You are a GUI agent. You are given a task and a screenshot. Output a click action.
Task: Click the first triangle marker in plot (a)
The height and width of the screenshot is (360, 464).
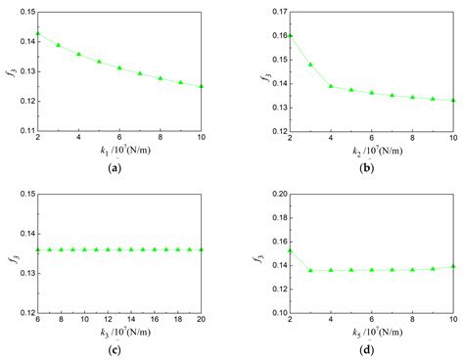click(38, 34)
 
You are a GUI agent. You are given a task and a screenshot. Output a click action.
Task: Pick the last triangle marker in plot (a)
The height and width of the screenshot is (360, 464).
click(202, 86)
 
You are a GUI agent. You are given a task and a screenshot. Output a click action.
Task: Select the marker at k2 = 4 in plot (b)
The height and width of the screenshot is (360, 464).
click(332, 86)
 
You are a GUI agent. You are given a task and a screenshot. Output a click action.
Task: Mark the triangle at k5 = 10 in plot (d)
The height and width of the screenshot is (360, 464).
click(453, 266)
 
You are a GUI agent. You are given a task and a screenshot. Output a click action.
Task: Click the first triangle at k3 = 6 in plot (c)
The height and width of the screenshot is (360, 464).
click(38, 249)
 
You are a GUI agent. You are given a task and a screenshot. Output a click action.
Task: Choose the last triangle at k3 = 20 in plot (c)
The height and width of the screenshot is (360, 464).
click(202, 249)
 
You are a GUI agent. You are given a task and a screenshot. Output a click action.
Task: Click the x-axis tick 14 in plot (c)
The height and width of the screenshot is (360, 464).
click(131, 320)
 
